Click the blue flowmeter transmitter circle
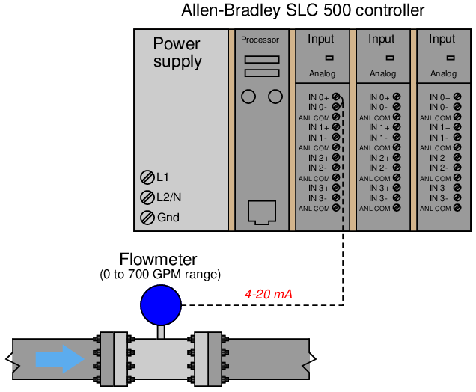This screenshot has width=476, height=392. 161,304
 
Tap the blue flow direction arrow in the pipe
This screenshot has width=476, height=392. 61,358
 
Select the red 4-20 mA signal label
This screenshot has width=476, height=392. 269,294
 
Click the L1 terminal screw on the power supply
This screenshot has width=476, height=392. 147,177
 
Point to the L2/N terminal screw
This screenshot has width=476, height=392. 147,197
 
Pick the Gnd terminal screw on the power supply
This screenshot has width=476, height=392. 147,218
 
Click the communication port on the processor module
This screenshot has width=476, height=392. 261,212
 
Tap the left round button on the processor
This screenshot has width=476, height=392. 248,97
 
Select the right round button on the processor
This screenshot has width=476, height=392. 275,97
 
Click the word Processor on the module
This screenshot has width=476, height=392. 260,40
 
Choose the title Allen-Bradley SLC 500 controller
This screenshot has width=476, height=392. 303,11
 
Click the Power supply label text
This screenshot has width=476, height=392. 177,52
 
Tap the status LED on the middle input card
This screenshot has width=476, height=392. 389,57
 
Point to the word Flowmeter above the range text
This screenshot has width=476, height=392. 159,260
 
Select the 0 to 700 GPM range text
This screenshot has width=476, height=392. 160,275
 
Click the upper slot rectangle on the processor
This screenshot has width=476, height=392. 261,59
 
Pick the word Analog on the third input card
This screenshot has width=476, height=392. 443,74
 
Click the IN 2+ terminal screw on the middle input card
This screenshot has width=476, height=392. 397,158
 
